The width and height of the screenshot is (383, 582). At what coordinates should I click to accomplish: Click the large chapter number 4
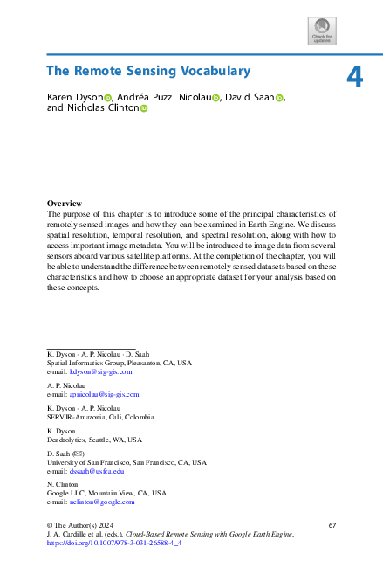click(x=354, y=77)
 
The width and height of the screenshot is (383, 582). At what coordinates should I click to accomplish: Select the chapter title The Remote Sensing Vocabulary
click(x=147, y=71)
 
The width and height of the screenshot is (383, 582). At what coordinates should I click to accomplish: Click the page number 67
click(x=332, y=524)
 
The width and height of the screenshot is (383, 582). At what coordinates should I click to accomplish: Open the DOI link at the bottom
click(x=113, y=543)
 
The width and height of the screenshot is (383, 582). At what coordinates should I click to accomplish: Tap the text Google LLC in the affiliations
click(x=66, y=493)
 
